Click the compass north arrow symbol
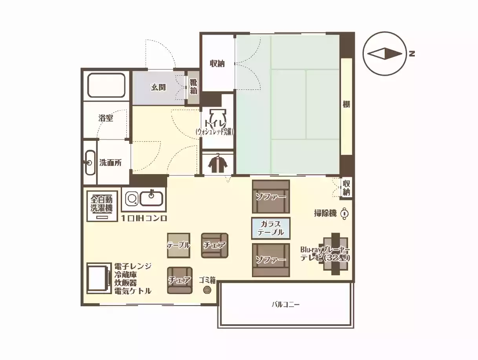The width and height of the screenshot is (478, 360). pyautogui.click(x=385, y=53)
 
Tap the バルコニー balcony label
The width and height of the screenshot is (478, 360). pyautogui.click(x=285, y=304)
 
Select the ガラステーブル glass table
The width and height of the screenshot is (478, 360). pyautogui.click(x=271, y=228)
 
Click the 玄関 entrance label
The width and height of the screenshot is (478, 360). pyautogui.click(x=158, y=87)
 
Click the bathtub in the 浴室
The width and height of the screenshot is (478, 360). pyautogui.click(x=106, y=85)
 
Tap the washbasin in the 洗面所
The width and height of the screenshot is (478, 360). pyautogui.click(x=90, y=162)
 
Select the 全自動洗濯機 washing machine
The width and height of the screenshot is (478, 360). pyautogui.click(x=102, y=206)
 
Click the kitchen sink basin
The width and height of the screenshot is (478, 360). pyautogui.click(x=151, y=198)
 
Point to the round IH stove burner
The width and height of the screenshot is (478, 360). pyautogui.click(x=132, y=199)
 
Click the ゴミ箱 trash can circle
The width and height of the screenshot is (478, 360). pyautogui.click(x=207, y=290)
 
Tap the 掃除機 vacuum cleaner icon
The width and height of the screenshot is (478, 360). pyautogui.click(x=344, y=213)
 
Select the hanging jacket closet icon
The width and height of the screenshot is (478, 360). pyautogui.click(x=217, y=162)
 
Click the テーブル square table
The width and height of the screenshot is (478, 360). pyautogui.click(x=179, y=245)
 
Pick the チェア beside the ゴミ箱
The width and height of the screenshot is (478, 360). pyautogui.click(x=180, y=280)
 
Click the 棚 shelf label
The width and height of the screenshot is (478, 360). pyautogui.click(x=346, y=104)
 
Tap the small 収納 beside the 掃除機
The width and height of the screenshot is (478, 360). pyautogui.click(x=346, y=188)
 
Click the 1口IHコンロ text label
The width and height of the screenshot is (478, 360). pyautogui.click(x=144, y=218)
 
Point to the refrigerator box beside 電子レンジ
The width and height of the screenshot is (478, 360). pyautogui.click(x=98, y=278)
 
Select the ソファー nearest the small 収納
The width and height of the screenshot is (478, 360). pyautogui.click(x=271, y=196)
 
